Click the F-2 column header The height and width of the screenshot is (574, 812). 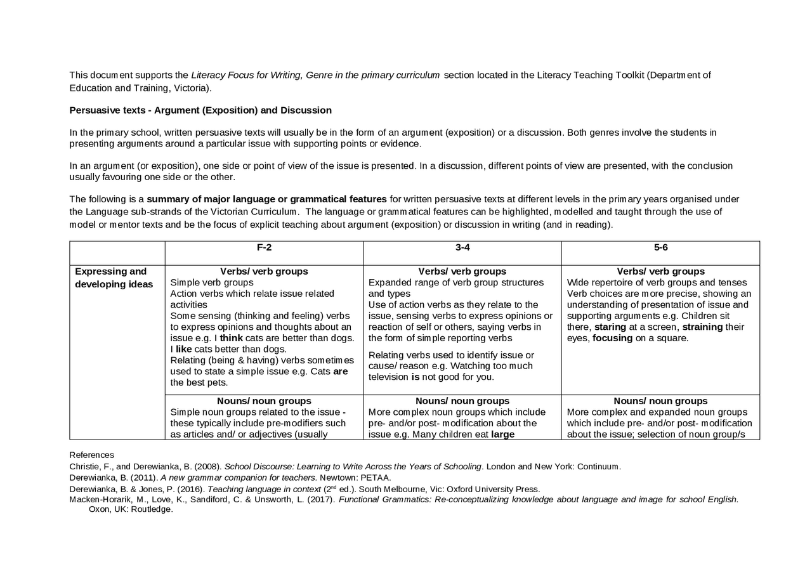tap(264, 247)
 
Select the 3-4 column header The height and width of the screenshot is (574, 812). tap(462, 247)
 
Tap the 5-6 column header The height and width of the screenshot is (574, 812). tap(660, 247)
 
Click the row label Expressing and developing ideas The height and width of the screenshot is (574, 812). tap(114, 278)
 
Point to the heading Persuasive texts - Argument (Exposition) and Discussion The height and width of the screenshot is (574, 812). tap(200, 110)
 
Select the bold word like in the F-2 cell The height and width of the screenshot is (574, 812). tap(183, 349)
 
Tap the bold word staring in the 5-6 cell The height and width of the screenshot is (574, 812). tap(610, 327)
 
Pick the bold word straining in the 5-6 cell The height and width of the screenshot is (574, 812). tap(702, 327)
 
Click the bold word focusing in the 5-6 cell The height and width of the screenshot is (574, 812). tap(612, 338)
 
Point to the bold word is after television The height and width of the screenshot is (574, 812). tap(416, 377)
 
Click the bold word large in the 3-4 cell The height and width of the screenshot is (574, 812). tap(502, 434)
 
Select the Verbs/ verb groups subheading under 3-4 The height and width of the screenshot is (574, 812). tap(462, 271)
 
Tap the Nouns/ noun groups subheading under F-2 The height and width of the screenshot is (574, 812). tap(264, 401)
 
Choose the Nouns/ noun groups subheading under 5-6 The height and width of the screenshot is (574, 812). tap(660, 401)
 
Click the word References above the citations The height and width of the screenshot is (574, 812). tap(91, 455)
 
